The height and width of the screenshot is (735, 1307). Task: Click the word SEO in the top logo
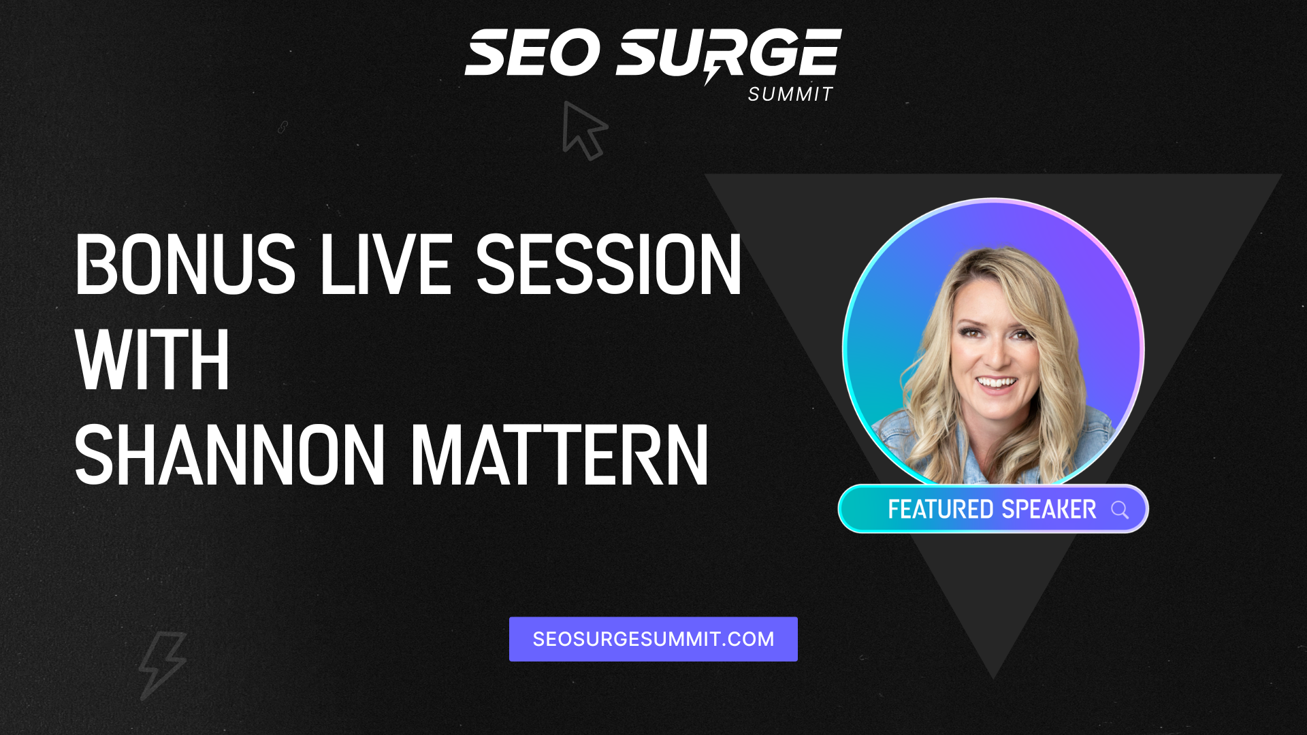pos(532,52)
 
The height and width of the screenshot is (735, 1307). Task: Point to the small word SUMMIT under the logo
pos(790,95)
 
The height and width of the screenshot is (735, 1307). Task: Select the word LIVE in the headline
pos(386,264)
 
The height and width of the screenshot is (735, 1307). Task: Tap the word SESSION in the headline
pos(609,264)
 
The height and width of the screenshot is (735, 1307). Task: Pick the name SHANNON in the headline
pos(230,455)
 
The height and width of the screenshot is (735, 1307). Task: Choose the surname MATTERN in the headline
pos(560,455)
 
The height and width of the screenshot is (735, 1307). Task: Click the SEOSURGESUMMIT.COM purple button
pos(653,639)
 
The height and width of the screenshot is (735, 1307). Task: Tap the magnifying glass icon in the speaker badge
pos(1120,510)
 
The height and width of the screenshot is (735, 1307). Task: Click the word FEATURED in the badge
pos(941,509)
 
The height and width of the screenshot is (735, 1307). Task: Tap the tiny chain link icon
pos(283,127)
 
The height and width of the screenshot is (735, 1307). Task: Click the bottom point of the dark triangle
pos(993,679)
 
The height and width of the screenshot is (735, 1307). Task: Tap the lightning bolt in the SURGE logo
pos(712,71)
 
